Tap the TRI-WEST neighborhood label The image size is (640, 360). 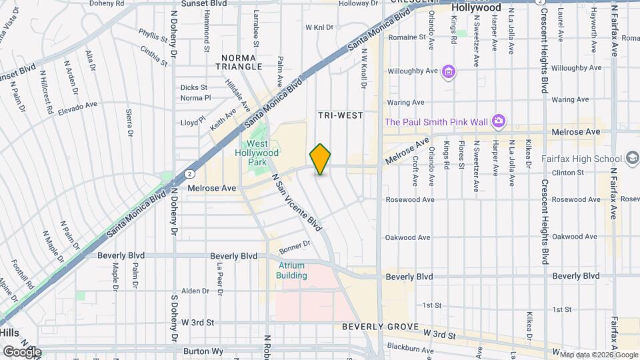click(341, 115)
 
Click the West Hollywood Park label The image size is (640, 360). click(263, 153)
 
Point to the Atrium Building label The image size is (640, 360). click(292, 270)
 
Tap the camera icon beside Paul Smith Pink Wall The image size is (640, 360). click(498, 121)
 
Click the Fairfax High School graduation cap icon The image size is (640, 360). click(632, 159)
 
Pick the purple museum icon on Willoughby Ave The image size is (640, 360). click(449, 71)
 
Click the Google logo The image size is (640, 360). click(22, 351)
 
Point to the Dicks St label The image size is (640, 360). click(194, 87)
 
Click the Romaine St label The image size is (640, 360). click(407, 38)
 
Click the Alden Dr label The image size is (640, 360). click(196, 291)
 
